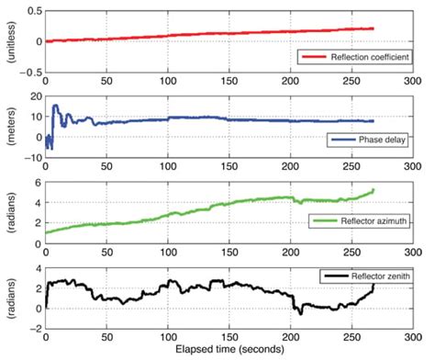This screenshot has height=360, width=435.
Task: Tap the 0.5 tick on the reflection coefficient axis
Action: pyautogui.click(x=32, y=11)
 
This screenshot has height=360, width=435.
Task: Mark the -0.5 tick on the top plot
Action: pyautogui.click(x=30, y=72)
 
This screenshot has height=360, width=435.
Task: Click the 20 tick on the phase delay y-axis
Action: pyautogui.click(x=34, y=96)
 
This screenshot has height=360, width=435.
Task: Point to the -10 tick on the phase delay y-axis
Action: pyautogui.click(x=32, y=155)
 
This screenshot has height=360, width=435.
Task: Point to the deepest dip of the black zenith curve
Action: pyautogui.click(x=300, y=315)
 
